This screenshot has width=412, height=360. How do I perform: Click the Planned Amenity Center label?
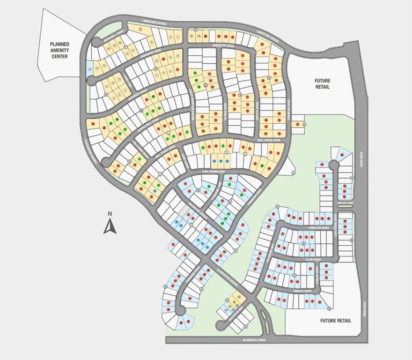[x=59, y=51]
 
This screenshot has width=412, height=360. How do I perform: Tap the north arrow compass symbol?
[x=110, y=225]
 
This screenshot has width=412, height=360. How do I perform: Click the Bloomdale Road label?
[x=254, y=340]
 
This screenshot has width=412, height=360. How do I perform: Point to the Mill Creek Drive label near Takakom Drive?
[x=269, y=140]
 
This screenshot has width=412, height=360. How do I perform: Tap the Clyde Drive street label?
[x=313, y=259]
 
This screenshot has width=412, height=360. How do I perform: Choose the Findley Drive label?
[x=302, y=291]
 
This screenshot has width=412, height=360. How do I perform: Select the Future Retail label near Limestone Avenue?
[x=322, y=83]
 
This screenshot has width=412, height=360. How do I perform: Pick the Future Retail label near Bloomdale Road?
[x=336, y=321]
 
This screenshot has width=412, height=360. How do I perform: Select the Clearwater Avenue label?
[x=228, y=277]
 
